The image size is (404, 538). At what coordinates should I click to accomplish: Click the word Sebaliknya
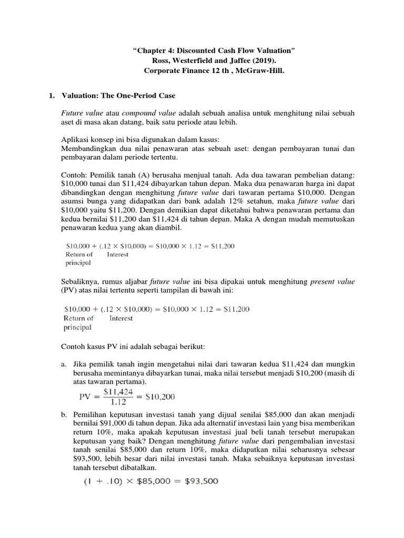click(x=82, y=282)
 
